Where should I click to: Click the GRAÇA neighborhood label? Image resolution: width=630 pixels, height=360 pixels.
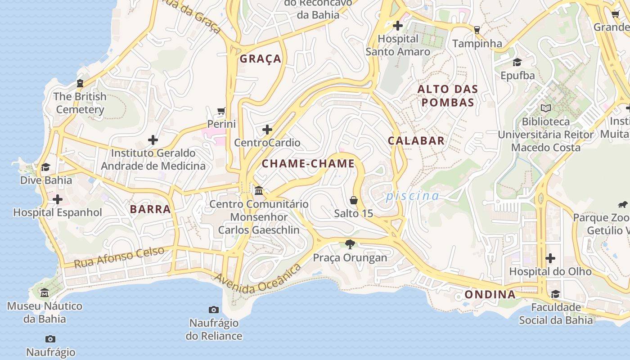(260, 59)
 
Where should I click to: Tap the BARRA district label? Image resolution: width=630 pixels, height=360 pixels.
(150, 209)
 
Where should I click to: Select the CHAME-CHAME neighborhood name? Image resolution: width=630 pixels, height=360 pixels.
(308, 164)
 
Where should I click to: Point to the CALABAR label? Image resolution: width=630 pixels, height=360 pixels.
(416, 141)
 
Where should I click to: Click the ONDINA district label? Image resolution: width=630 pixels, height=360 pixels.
(490, 295)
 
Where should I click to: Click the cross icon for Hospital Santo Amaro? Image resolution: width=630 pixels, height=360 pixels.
(398, 26)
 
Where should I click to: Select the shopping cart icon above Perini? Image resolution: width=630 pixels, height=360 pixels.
(221, 111)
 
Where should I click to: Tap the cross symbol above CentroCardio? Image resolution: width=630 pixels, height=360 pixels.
(267, 130)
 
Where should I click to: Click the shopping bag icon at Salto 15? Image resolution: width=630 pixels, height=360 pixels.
(354, 200)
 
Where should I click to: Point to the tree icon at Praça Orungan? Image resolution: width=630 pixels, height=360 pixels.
(350, 244)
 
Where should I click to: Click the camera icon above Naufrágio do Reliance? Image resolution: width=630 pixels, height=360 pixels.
(214, 310)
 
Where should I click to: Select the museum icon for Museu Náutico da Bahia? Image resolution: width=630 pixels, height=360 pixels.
(45, 293)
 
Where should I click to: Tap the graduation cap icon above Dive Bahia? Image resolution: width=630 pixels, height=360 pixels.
(46, 167)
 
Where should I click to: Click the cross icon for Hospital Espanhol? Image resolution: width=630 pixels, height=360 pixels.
(58, 199)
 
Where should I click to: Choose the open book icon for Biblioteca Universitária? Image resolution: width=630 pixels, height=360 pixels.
(546, 108)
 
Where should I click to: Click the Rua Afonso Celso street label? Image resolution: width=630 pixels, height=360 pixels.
(119, 257)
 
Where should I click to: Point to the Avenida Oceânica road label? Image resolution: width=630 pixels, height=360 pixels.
(258, 280)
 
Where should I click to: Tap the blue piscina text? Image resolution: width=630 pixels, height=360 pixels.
(412, 196)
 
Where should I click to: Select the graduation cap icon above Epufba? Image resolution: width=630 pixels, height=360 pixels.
(517, 62)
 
